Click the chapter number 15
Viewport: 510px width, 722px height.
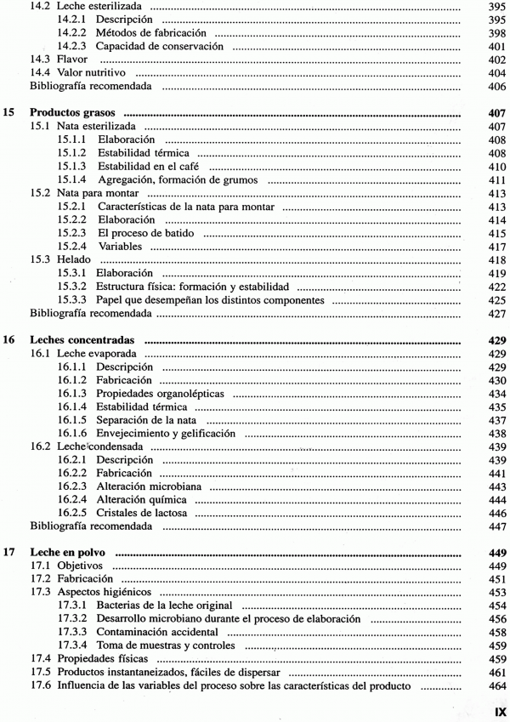(x=10, y=112)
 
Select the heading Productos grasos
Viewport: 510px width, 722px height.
(x=73, y=112)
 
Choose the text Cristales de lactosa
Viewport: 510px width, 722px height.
(x=150, y=513)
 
